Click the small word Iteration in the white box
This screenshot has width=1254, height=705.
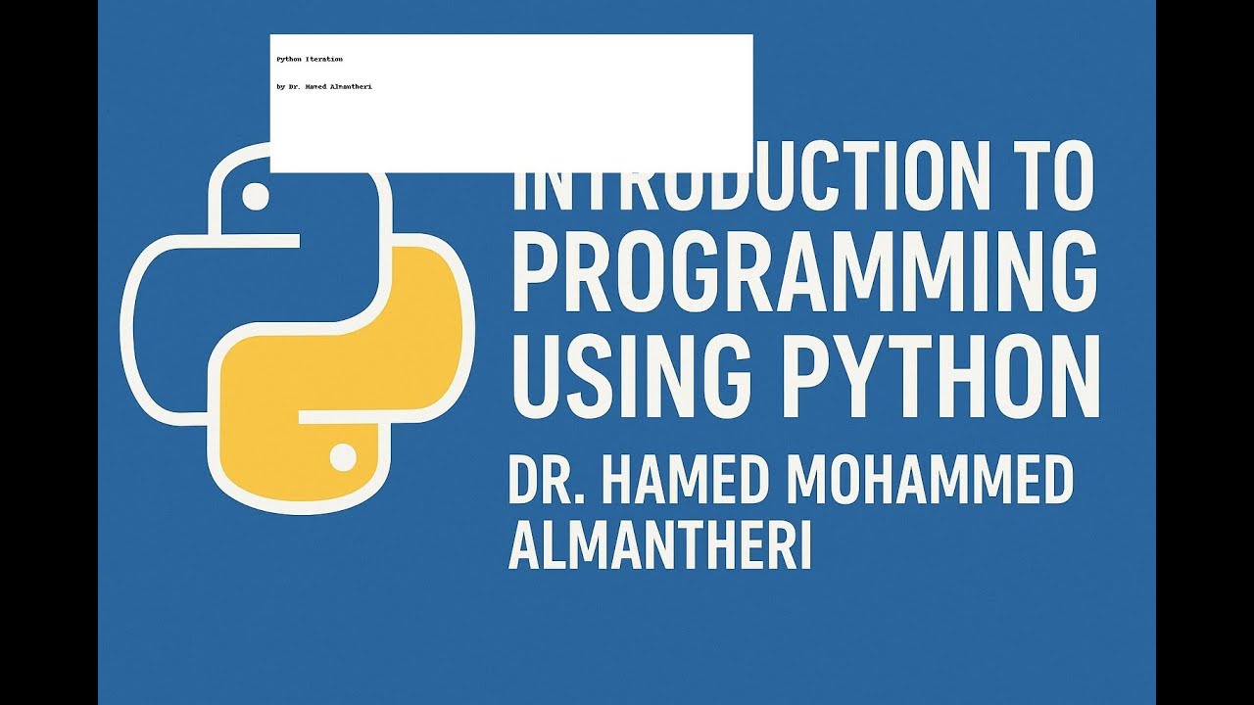click(324, 60)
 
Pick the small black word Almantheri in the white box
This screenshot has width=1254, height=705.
click(351, 87)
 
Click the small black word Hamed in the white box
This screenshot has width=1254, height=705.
click(315, 87)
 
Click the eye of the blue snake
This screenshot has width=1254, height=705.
click(255, 195)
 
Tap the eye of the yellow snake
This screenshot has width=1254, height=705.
click(343, 456)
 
